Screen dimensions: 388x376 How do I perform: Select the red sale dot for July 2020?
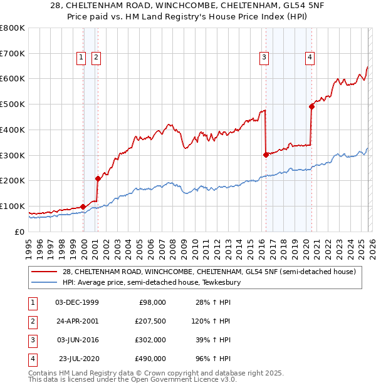311,106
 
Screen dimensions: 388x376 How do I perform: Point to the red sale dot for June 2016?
266,155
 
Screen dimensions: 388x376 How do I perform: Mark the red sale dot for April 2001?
98,178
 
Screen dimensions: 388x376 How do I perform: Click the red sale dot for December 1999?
83,207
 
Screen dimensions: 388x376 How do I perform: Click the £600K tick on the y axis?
13,79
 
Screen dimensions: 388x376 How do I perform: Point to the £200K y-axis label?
13,180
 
